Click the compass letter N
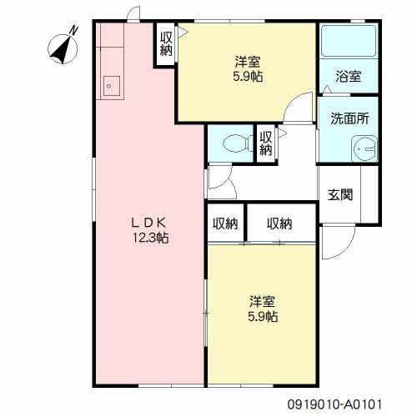(x=73, y=30)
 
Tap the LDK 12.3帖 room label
(x=150, y=230)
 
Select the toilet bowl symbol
(x=238, y=143)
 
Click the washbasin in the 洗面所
(x=364, y=148)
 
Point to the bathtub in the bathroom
(x=349, y=41)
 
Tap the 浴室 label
(x=349, y=77)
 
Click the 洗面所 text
(x=349, y=118)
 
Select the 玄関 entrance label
(x=340, y=194)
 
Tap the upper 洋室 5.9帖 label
(x=248, y=69)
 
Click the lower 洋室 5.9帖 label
(x=263, y=309)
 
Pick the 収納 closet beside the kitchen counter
(x=166, y=43)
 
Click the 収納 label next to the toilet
(x=266, y=143)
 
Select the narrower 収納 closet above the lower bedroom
(x=225, y=224)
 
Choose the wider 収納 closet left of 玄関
(x=281, y=224)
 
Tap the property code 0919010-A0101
(x=334, y=404)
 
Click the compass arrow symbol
(x=63, y=49)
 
